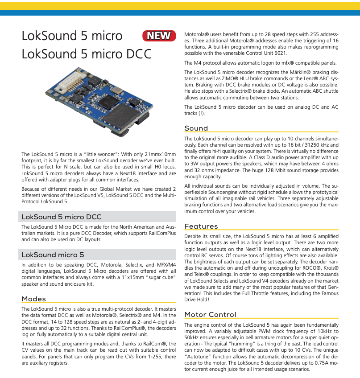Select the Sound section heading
coord(196,128)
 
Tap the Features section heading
coord(201,226)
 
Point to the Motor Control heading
coord(210,315)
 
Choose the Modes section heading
coord(33,299)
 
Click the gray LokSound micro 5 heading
coord(53,255)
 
